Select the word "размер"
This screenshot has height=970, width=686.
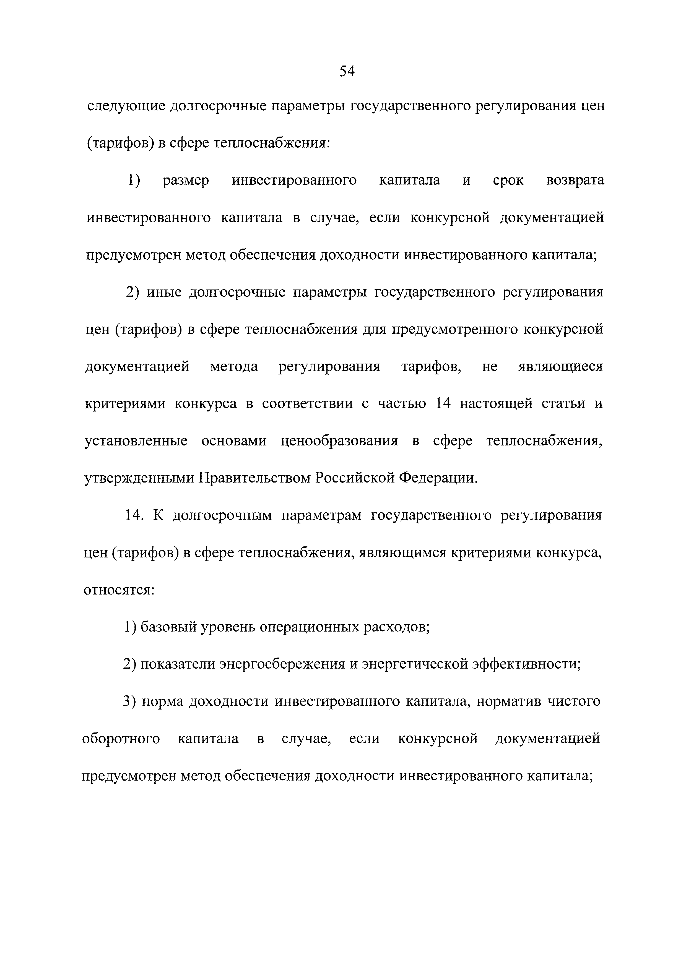tap(186, 181)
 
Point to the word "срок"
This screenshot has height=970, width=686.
tap(508, 181)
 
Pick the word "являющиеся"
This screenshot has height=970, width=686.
tap(560, 366)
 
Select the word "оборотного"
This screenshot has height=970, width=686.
tap(121, 739)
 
